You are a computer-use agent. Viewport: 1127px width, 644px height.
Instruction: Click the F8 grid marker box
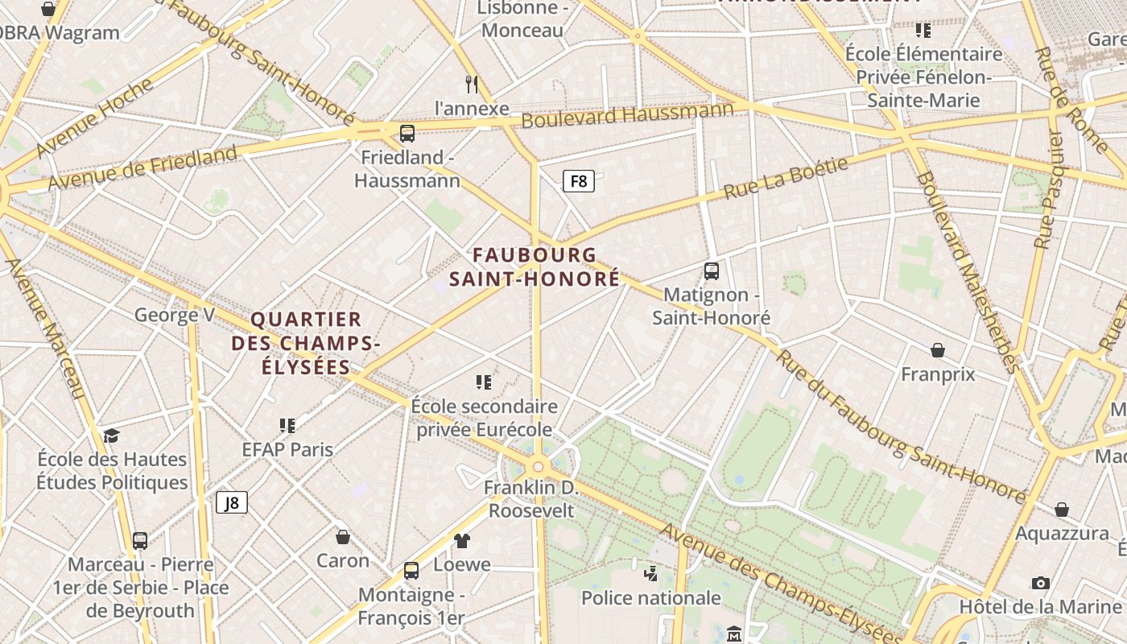[x=578, y=181]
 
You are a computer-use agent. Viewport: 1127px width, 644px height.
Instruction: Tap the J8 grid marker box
[x=231, y=503]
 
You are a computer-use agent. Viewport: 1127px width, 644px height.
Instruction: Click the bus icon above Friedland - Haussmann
[x=407, y=134]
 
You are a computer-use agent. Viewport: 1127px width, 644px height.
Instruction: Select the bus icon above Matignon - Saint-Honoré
[x=711, y=271]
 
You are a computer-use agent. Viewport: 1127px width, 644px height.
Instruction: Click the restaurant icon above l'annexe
[x=473, y=84]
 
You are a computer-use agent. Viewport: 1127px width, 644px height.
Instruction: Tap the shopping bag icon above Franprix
[x=938, y=350]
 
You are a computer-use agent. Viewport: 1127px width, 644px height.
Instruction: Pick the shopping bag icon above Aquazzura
[x=1062, y=510]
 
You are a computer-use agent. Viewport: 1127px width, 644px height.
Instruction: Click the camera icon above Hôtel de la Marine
[x=1040, y=583]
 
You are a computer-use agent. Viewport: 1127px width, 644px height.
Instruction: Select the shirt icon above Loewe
[x=461, y=540]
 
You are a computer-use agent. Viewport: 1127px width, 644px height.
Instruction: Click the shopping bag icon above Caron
[x=343, y=537]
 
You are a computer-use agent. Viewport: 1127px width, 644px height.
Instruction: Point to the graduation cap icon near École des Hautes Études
[x=111, y=436]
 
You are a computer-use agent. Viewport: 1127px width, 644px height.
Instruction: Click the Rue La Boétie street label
[x=786, y=179]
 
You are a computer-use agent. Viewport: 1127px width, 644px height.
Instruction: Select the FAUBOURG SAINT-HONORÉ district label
[x=535, y=267]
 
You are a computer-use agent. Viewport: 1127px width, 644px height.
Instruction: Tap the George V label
[x=174, y=315]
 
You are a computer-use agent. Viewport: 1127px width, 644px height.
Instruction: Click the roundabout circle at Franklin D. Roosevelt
[x=538, y=466]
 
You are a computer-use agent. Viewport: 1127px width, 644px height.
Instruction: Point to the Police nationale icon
[x=650, y=574]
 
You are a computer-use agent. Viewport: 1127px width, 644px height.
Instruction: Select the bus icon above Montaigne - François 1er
[x=411, y=571]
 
